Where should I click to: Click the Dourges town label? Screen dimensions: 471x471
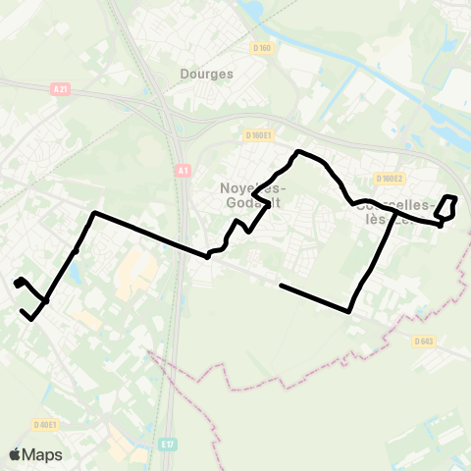click(207, 74)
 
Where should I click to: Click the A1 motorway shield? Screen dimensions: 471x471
click(183, 170)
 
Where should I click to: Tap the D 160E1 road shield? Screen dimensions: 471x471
click(259, 135)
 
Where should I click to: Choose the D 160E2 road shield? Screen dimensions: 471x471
click(390, 179)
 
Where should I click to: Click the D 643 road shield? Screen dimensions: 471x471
click(424, 340)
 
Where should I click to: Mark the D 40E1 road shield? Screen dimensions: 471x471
click(44, 425)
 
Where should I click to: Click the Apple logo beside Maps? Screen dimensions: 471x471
click(15, 454)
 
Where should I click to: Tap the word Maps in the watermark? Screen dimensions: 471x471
click(42, 454)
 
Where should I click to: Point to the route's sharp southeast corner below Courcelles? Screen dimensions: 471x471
click(350, 312)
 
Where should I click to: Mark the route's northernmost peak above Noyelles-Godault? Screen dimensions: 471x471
click(298, 151)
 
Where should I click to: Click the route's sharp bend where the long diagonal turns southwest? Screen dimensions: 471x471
click(93, 213)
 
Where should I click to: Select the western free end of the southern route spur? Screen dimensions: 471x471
click(282, 286)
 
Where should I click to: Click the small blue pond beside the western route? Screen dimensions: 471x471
click(74, 270)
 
